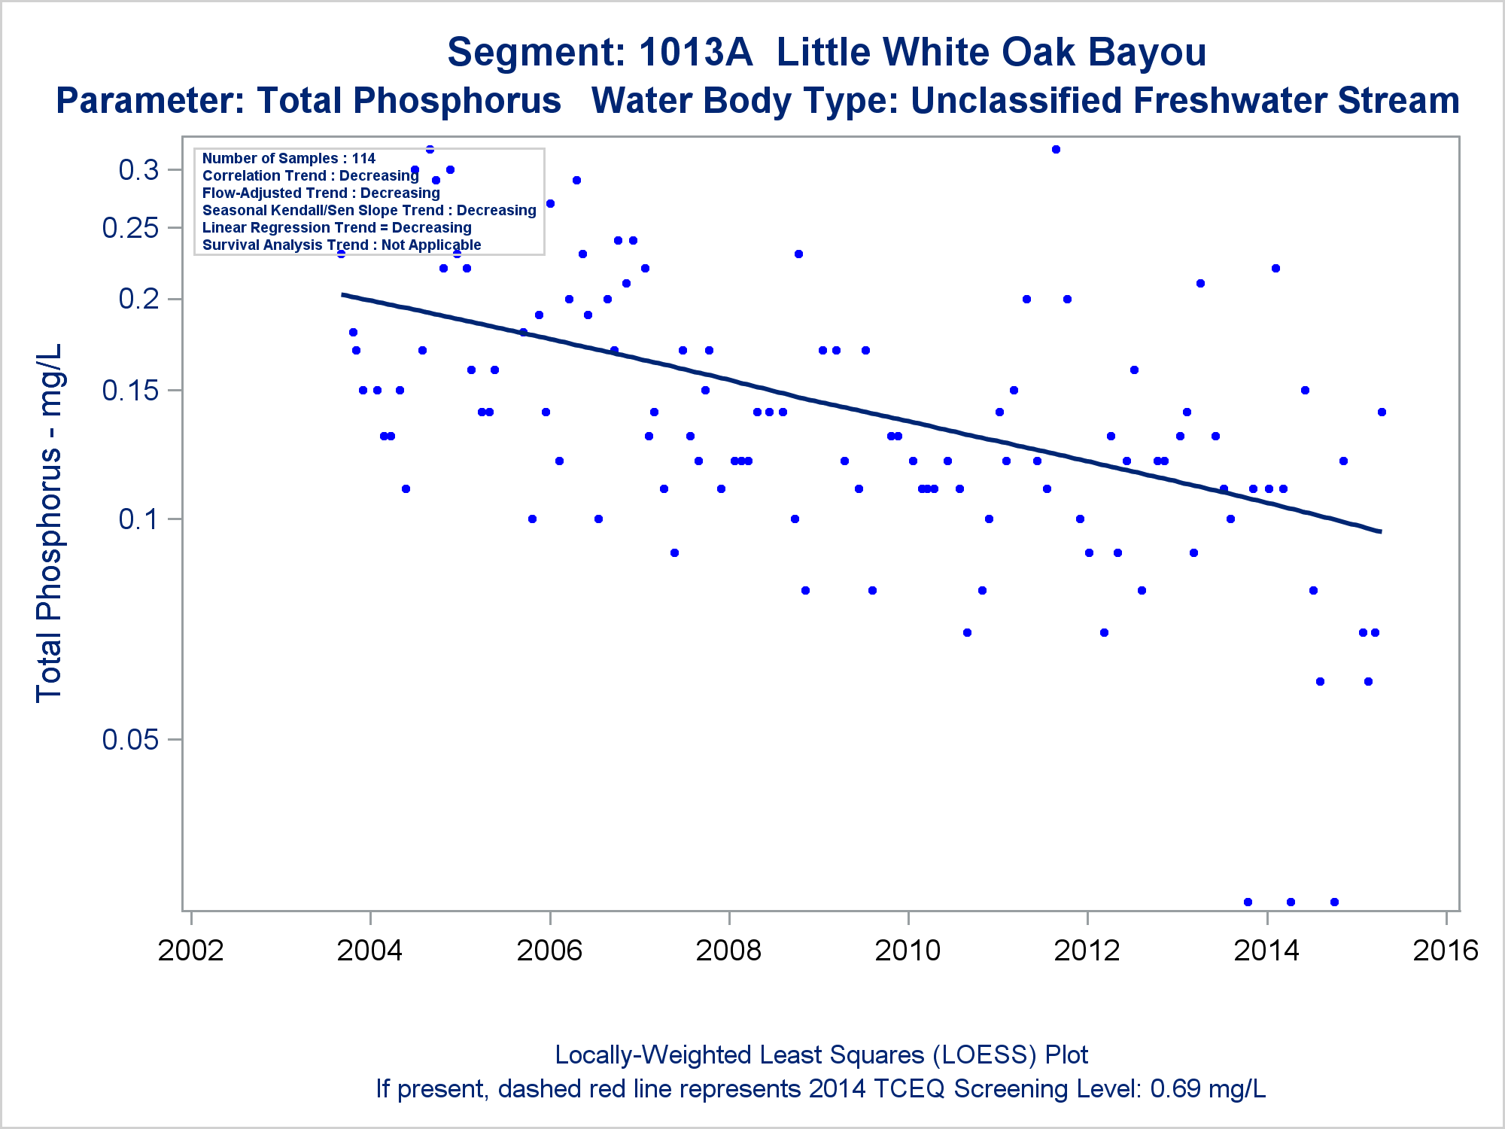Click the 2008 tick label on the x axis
728,951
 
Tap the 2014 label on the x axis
1266,951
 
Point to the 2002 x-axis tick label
191,951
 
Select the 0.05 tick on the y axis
131,740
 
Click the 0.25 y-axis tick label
131,228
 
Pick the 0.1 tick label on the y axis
139,519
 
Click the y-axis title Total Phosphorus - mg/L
50,523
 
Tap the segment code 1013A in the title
695,53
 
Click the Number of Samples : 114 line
289,159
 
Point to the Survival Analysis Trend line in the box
342,245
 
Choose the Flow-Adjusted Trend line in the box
321,193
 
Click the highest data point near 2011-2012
1056,149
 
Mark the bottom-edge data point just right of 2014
1291,902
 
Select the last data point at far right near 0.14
1382,412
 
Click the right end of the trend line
1380,531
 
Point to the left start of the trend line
343,294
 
